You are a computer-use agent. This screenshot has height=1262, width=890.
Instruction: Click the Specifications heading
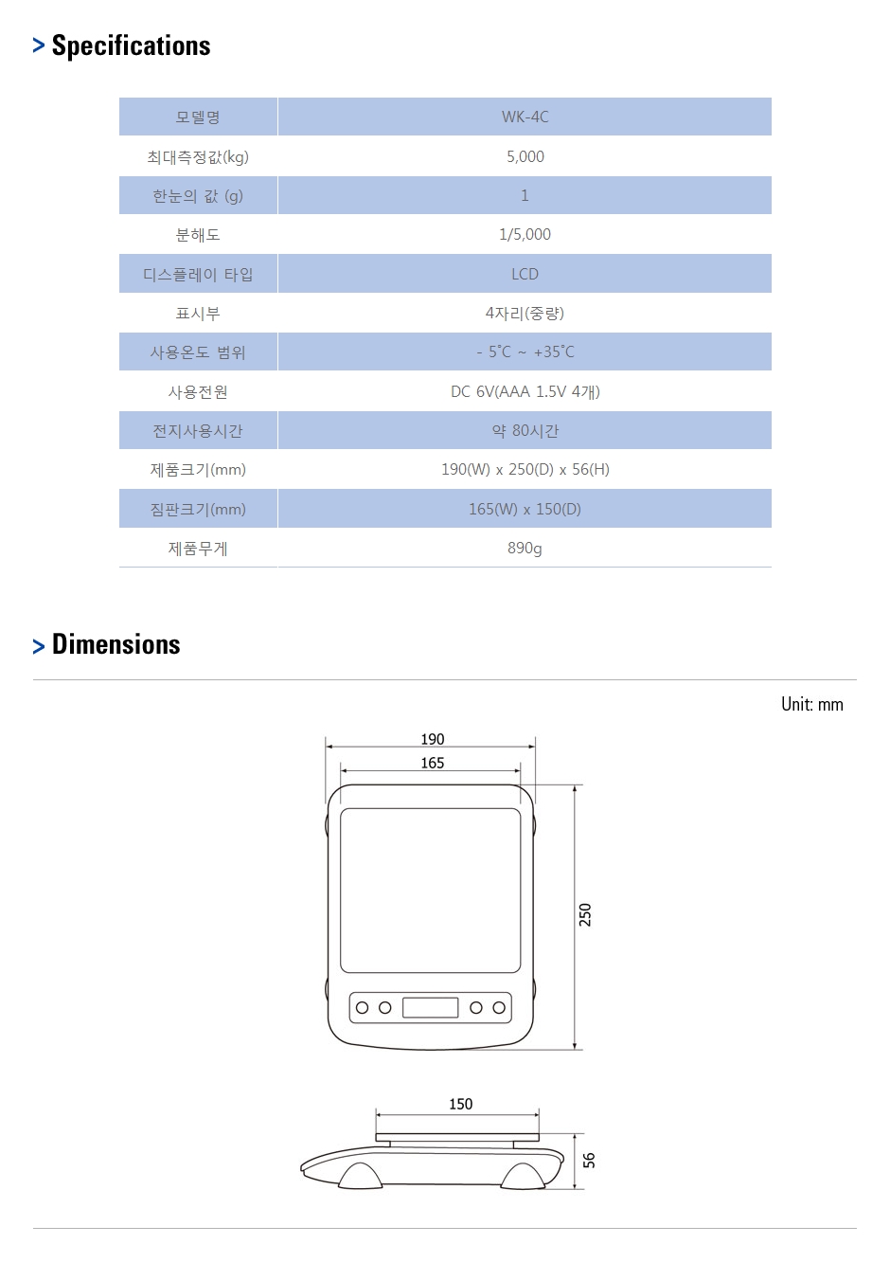pyautogui.click(x=131, y=46)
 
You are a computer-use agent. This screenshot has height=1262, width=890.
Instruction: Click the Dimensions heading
pyautogui.click(x=116, y=644)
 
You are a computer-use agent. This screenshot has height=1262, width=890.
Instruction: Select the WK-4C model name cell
pyautogui.click(x=525, y=117)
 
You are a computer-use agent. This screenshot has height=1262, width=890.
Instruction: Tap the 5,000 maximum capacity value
pyautogui.click(x=525, y=156)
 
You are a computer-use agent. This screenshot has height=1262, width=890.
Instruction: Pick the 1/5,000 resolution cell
pyautogui.click(x=525, y=234)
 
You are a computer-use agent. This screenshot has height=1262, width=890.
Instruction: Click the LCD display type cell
pyautogui.click(x=525, y=274)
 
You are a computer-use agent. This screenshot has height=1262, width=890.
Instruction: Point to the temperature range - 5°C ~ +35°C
pyautogui.click(x=525, y=352)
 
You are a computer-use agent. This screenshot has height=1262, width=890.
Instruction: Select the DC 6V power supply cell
pyautogui.click(x=525, y=391)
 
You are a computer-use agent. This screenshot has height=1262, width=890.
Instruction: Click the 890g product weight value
pyautogui.click(x=525, y=549)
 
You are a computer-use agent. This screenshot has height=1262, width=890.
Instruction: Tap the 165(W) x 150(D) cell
pyautogui.click(x=525, y=510)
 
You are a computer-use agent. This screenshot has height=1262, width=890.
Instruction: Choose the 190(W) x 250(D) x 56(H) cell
pyautogui.click(x=525, y=469)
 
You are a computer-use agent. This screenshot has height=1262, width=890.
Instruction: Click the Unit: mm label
pyautogui.click(x=811, y=704)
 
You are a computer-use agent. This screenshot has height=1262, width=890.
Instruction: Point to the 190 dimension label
pyautogui.click(x=433, y=739)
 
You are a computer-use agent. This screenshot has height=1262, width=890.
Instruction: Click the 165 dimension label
pyautogui.click(x=433, y=763)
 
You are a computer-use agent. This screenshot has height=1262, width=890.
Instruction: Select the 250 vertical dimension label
pyautogui.click(x=585, y=915)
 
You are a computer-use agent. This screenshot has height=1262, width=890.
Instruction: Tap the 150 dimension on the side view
pyautogui.click(x=460, y=1104)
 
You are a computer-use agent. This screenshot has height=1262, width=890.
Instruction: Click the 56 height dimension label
pyautogui.click(x=588, y=1161)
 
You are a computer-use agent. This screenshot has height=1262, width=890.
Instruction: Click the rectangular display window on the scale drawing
pyautogui.click(x=430, y=1007)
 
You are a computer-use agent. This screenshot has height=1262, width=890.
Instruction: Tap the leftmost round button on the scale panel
pyautogui.click(x=362, y=1007)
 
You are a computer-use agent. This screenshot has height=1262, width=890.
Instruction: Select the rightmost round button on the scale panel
pyautogui.click(x=499, y=1007)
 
